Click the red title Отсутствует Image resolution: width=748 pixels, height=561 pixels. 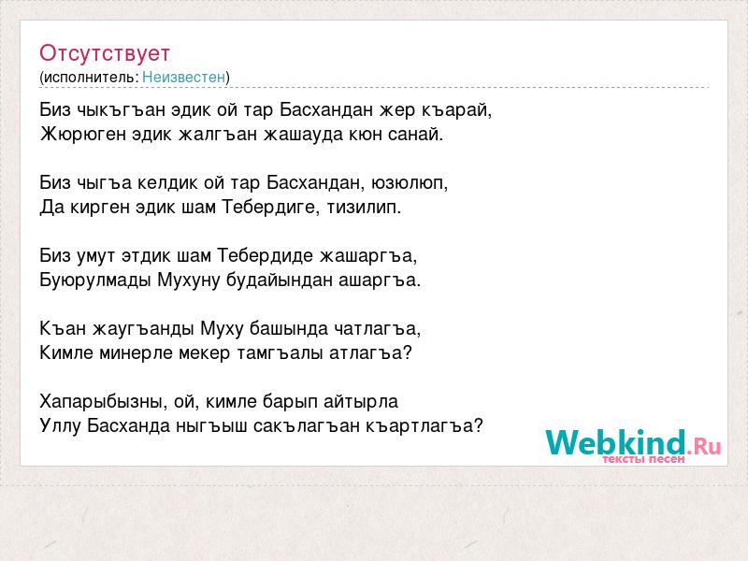coord(105,53)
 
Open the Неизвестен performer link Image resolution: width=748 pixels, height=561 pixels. coord(183,77)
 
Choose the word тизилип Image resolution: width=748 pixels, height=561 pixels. coord(364,208)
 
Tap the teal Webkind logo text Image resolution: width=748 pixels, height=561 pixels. coord(615,442)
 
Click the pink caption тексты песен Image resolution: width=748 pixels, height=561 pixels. coord(643,459)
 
